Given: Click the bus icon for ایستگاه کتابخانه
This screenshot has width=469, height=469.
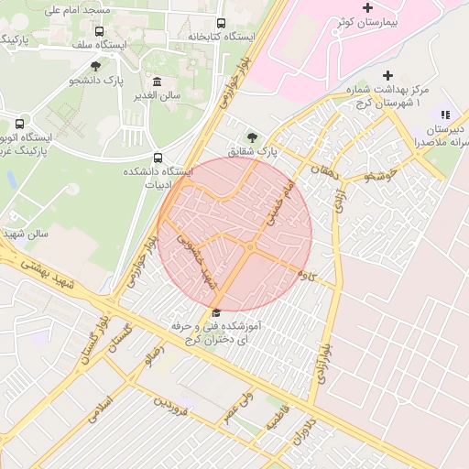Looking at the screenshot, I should [220, 24].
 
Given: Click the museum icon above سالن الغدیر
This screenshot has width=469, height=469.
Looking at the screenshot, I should [158, 82].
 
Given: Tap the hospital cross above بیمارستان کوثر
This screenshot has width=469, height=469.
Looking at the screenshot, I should [367, 7].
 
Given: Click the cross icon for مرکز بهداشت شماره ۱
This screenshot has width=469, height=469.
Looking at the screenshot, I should [388, 75].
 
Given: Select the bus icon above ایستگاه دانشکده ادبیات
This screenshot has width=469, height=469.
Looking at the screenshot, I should [158, 158].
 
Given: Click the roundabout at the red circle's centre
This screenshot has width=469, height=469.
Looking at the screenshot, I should [249, 246].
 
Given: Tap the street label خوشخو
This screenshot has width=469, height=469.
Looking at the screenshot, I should [379, 173].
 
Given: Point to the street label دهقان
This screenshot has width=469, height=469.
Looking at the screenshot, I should [322, 170].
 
